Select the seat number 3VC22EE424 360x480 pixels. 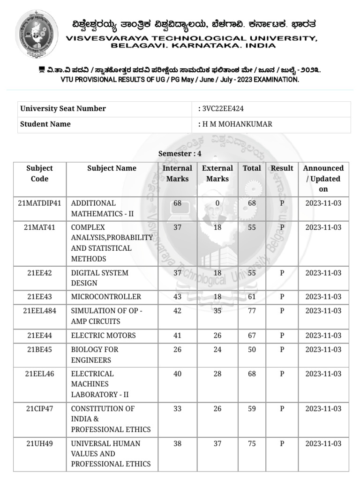[223, 109]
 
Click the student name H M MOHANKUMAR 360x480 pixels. [237, 124]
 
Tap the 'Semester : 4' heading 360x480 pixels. [180, 153]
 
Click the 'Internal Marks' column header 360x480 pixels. [177, 173]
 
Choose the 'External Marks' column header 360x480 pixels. [217, 173]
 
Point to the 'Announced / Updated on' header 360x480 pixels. [323, 179]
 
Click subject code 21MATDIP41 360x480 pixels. [39, 203]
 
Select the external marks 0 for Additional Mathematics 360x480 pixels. [217, 203]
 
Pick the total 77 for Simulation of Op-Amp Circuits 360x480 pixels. [252, 311]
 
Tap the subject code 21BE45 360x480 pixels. [39, 350]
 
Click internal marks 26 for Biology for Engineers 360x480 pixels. [177, 350]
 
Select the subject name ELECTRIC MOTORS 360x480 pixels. [103, 336]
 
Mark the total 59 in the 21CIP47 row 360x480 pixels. [252, 409]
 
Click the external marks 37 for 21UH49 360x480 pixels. [217, 443]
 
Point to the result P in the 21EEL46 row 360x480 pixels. [282, 374]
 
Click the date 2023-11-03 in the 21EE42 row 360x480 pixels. [323, 273]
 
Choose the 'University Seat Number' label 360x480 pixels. [63, 109]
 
